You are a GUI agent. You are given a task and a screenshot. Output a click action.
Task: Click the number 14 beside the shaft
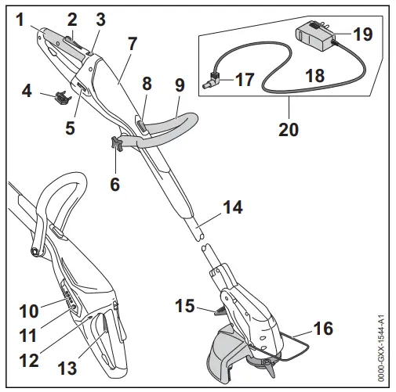(x=231, y=208)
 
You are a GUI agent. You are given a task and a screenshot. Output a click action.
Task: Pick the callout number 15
(x=187, y=304)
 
